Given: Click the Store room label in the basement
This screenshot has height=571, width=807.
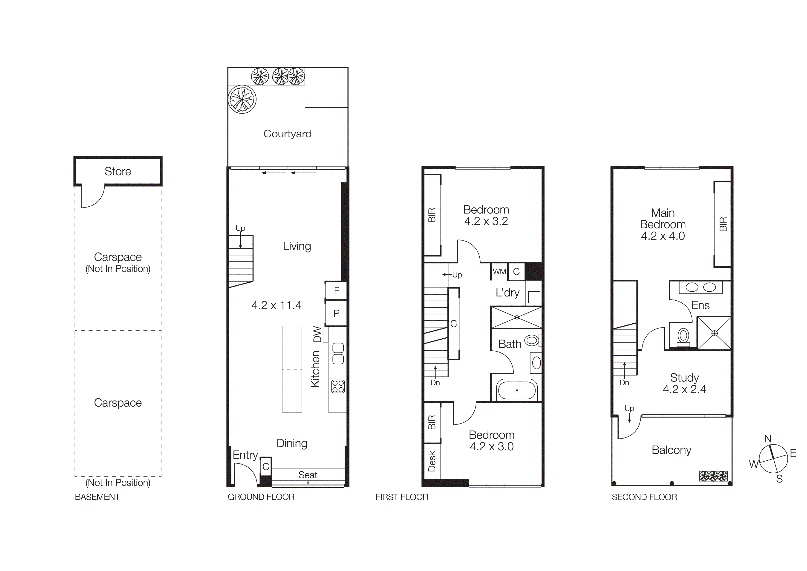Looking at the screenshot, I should click(118, 171).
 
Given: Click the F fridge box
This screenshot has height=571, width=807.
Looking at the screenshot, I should click(336, 291).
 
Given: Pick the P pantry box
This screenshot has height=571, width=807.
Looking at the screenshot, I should click(336, 313).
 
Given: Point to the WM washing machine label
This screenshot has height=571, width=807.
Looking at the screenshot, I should click(499, 272).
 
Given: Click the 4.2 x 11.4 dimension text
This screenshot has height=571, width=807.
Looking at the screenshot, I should click(276, 305).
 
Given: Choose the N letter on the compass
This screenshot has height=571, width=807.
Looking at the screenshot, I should click(768, 439).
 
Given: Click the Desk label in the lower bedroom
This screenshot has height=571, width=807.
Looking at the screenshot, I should click(432, 461).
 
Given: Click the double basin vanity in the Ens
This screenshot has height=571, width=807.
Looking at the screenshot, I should click(700, 287).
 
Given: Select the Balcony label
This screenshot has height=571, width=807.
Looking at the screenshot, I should click(671, 450).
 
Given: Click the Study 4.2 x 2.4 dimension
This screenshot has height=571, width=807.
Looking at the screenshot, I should click(684, 389).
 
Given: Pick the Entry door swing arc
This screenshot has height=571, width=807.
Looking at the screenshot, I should click(250, 470).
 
